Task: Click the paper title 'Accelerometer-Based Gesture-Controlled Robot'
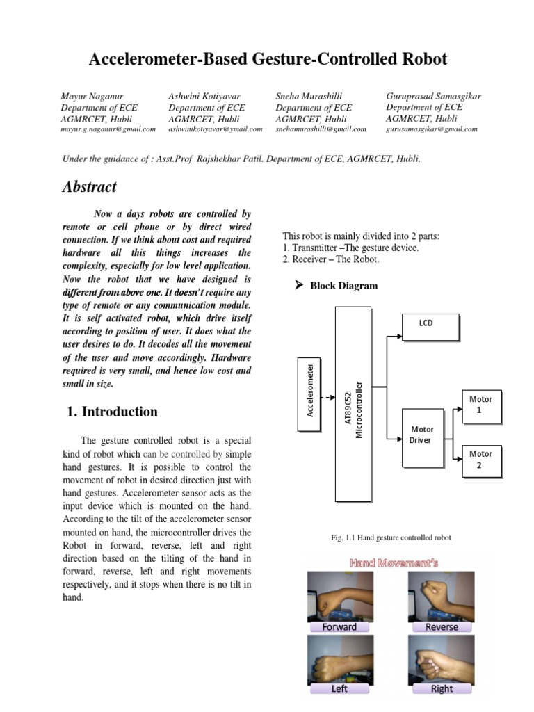(x=268, y=60)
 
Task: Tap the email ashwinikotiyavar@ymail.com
(x=215, y=129)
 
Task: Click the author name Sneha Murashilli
(x=309, y=96)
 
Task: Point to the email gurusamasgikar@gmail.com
(x=431, y=129)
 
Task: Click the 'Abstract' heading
(x=89, y=187)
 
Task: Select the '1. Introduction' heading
(x=112, y=412)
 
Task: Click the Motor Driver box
(x=421, y=435)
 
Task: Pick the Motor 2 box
(x=481, y=460)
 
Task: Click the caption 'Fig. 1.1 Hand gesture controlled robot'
(x=391, y=538)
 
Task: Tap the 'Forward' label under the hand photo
(x=339, y=626)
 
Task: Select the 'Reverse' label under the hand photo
(x=442, y=626)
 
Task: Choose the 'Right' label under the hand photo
(x=442, y=688)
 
